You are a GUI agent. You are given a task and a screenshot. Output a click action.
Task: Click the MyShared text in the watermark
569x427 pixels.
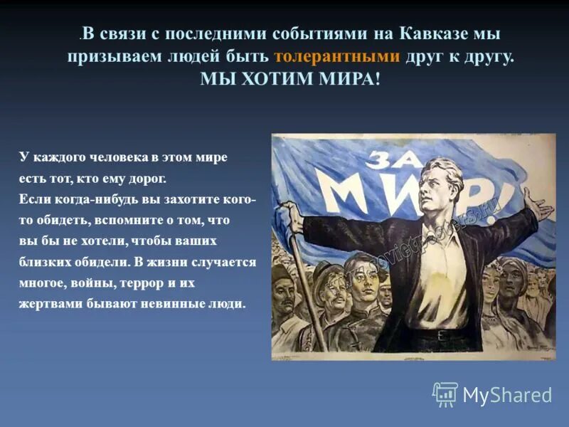[507, 395]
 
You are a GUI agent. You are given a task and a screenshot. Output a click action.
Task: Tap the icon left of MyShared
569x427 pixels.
[445, 394]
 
